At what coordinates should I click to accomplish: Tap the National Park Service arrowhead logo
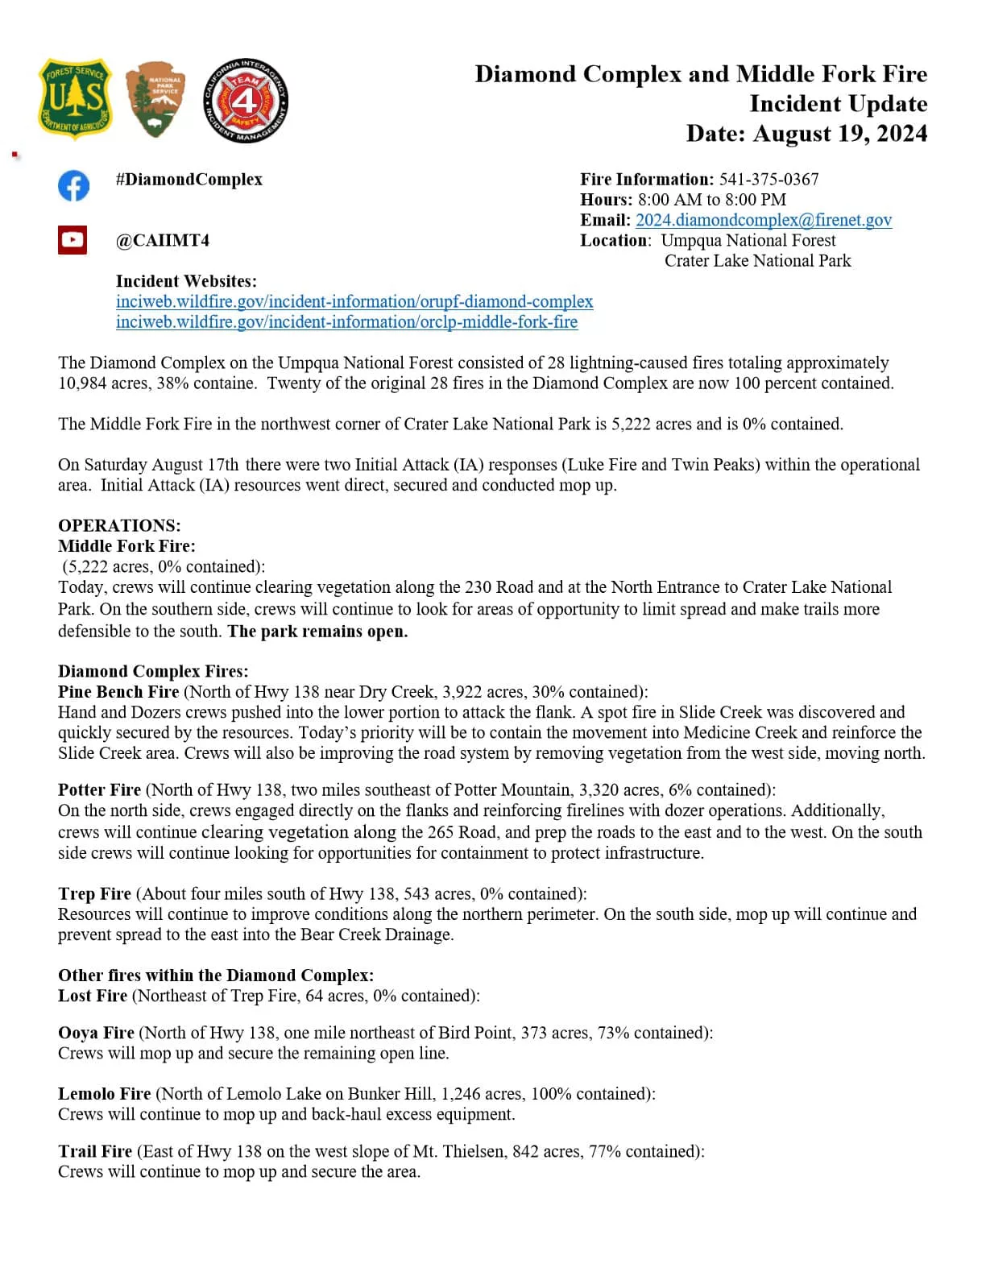[x=155, y=99]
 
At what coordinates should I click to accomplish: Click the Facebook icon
[x=73, y=186]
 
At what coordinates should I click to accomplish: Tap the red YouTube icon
[x=72, y=240]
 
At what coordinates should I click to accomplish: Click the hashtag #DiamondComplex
[x=189, y=179]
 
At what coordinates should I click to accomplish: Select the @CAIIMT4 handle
[x=163, y=240]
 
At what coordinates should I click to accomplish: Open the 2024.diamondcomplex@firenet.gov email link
[x=764, y=220]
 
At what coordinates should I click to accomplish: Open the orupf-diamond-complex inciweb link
[x=354, y=301]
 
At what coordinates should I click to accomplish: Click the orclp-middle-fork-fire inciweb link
[x=346, y=321]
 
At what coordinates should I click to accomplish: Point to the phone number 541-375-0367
[x=768, y=179]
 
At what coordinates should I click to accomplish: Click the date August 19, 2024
[x=840, y=133]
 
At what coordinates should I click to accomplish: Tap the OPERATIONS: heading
[x=119, y=525]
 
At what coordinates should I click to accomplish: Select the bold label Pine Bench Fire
[x=118, y=691]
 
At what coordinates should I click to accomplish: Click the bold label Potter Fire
[x=99, y=789]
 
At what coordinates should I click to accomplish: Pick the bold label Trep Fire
[x=94, y=893]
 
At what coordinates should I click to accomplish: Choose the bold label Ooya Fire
[x=96, y=1033]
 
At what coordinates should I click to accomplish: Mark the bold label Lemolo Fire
[x=104, y=1093]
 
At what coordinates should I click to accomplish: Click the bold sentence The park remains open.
[x=317, y=631]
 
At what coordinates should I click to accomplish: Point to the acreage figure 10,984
[x=82, y=383]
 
